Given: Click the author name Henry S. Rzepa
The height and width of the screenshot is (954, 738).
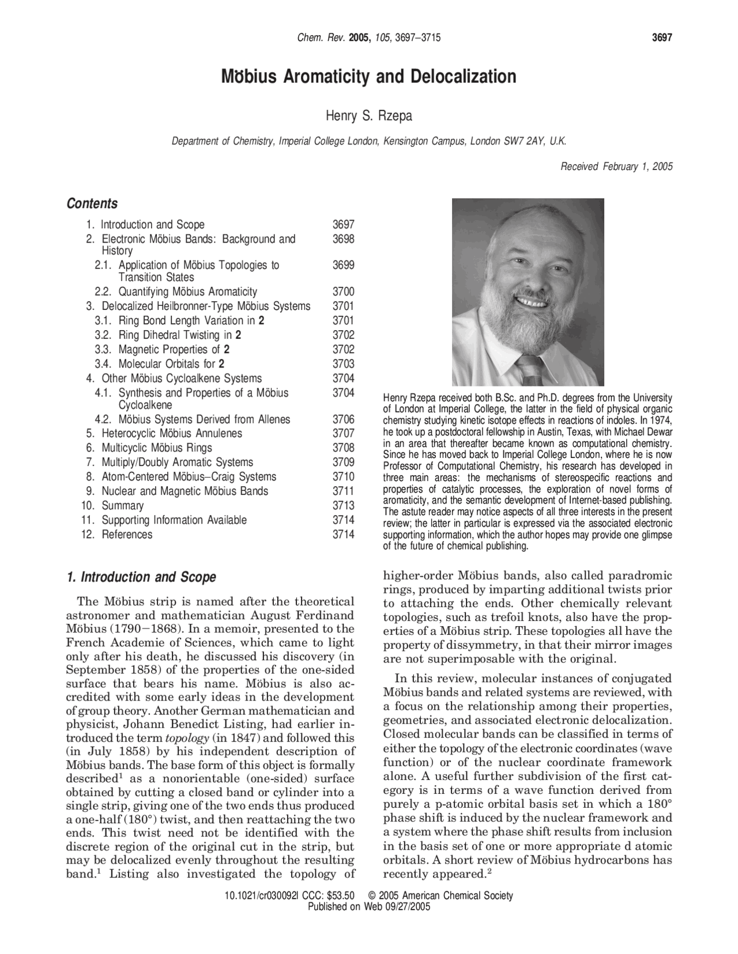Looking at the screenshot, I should click(x=369, y=116).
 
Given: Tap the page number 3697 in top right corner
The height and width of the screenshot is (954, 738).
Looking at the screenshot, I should click(x=662, y=38).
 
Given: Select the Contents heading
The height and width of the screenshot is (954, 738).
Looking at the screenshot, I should click(x=92, y=203).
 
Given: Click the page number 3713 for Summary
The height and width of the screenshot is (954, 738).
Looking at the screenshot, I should click(x=343, y=506).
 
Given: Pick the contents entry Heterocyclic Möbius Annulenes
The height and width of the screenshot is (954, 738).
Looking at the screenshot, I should click(x=172, y=433).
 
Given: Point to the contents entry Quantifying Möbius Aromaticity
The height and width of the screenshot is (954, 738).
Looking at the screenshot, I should click(x=187, y=291).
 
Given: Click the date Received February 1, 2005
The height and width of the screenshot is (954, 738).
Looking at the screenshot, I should click(x=616, y=166).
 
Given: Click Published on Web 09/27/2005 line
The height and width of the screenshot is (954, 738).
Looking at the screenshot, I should click(x=369, y=906).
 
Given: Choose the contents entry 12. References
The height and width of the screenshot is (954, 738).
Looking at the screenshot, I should click(x=127, y=535).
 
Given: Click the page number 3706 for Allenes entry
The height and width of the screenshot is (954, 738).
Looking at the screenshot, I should click(x=343, y=419).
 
